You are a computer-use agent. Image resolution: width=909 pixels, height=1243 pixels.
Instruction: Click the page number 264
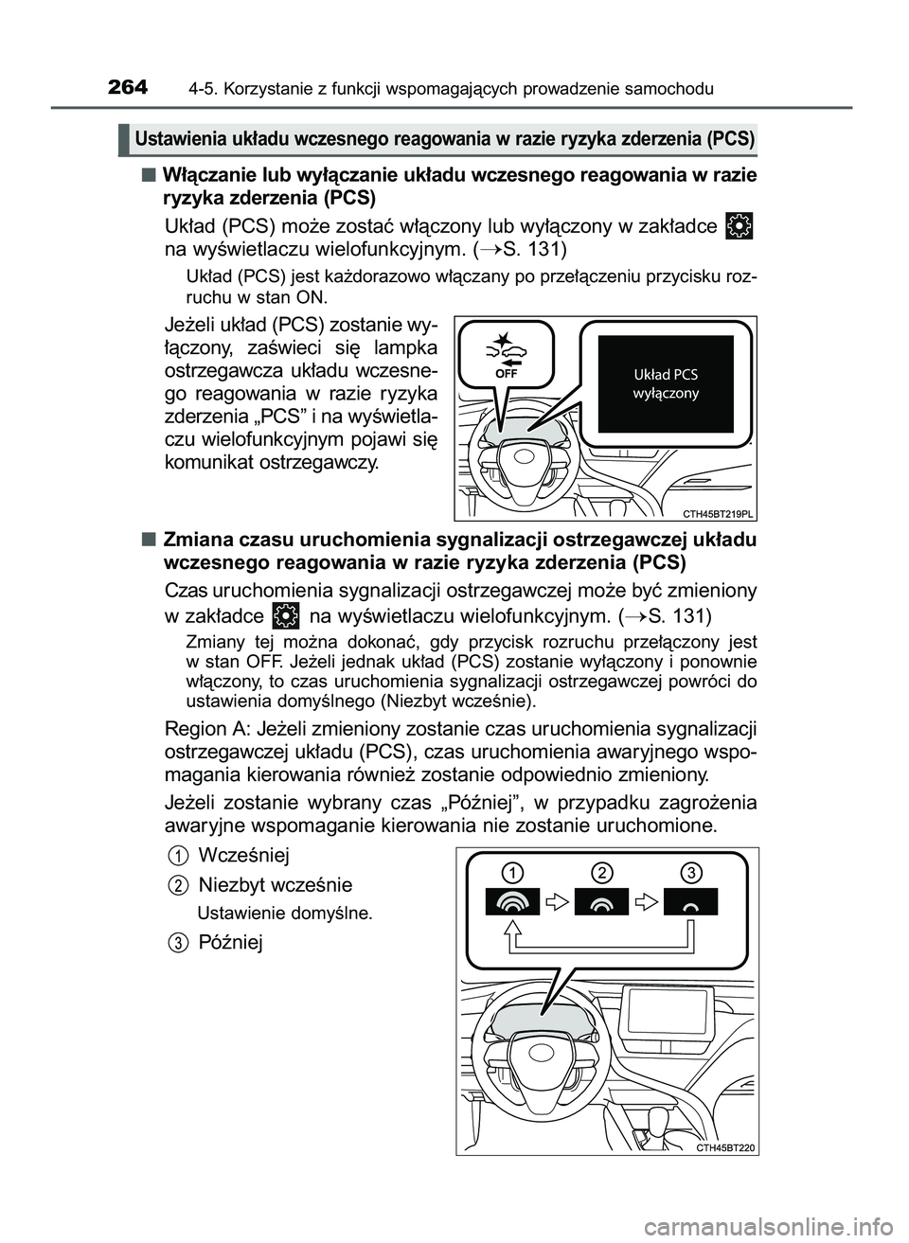(128, 88)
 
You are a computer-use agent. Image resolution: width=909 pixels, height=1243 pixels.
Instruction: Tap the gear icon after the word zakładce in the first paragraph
(742, 225)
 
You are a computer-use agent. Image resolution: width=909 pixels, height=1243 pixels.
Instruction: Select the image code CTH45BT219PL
(717, 513)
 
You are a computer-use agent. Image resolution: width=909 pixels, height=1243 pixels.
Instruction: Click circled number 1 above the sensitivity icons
(511, 871)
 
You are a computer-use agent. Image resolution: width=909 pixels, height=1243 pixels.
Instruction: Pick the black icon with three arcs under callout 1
(511, 903)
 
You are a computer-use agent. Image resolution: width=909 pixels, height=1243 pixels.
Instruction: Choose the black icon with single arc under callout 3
(691, 903)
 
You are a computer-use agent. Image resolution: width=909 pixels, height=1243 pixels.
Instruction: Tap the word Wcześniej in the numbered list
(243, 854)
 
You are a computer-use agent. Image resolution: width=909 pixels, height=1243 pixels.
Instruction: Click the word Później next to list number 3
(231, 941)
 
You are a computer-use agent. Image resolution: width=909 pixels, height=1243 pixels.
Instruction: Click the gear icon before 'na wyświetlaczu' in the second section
(284, 616)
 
